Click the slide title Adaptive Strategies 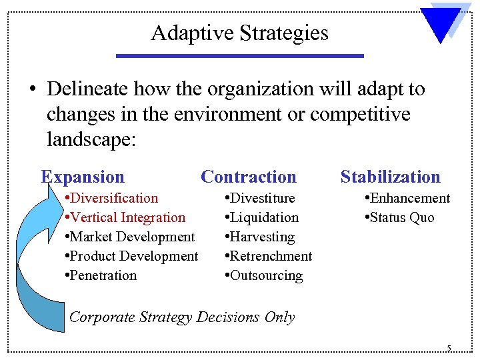pyautogui.click(x=239, y=33)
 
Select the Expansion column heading pyautogui.click(x=83, y=177)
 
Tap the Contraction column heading pyautogui.click(x=248, y=177)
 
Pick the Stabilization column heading pyautogui.click(x=390, y=177)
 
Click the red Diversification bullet pyautogui.click(x=112, y=198)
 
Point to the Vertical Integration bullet pyautogui.click(x=125, y=217)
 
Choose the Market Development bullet pyautogui.click(x=130, y=237)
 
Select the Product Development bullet pyautogui.click(x=131, y=256)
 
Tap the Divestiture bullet pyautogui.click(x=260, y=198)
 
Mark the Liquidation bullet pyautogui.click(x=262, y=217)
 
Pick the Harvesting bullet pyautogui.click(x=259, y=237)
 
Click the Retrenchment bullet pyautogui.click(x=269, y=256)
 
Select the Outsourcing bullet pyautogui.click(x=264, y=275)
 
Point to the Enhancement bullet pyautogui.click(x=407, y=198)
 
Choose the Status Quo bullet pyautogui.click(x=399, y=217)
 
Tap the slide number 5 pyautogui.click(x=449, y=348)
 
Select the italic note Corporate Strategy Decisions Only pyautogui.click(x=182, y=317)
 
